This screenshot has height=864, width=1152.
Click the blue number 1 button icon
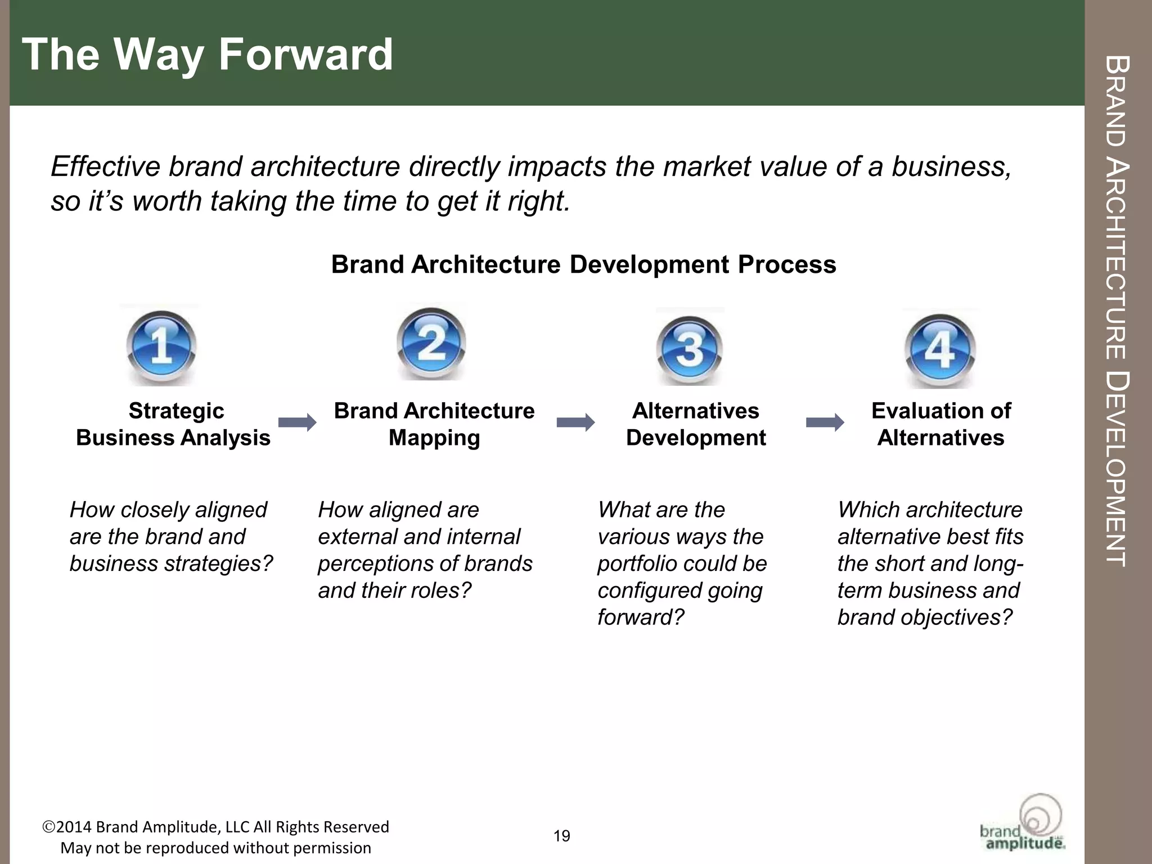pyautogui.click(x=161, y=345)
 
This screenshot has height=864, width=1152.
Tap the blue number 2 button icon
pyautogui.click(x=431, y=343)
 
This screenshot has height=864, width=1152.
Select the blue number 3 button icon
pyautogui.click(x=690, y=348)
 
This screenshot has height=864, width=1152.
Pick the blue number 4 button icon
pyautogui.click(x=940, y=349)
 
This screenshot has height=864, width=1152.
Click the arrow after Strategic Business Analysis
pyautogui.click(x=297, y=422)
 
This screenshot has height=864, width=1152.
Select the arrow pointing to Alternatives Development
pyautogui.click(x=575, y=422)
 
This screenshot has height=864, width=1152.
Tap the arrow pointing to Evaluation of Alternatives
pyautogui.click(x=825, y=422)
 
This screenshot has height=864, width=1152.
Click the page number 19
pyautogui.click(x=562, y=836)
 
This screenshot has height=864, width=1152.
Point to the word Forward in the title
pyautogui.click(x=305, y=55)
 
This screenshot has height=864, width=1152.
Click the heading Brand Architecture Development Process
pyautogui.click(x=583, y=264)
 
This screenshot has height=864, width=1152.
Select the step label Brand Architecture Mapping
pyautogui.click(x=434, y=424)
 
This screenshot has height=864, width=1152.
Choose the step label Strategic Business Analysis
pyautogui.click(x=173, y=424)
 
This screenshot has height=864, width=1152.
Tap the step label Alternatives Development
pyautogui.click(x=696, y=424)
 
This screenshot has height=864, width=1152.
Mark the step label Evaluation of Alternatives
pyautogui.click(x=941, y=424)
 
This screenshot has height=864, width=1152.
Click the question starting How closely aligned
pyautogui.click(x=170, y=537)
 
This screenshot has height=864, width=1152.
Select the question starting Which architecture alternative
pyautogui.click(x=930, y=563)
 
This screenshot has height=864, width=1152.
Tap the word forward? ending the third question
pyautogui.click(x=641, y=618)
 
